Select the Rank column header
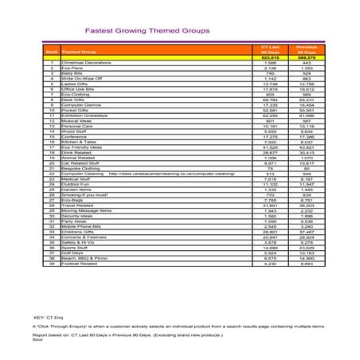click(x=51, y=52)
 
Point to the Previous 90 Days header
click(x=307, y=50)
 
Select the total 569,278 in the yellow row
click(x=307, y=57)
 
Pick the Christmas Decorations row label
click(x=84, y=62)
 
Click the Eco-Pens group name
click(x=72, y=68)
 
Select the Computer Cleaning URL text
click(x=171, y=173)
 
